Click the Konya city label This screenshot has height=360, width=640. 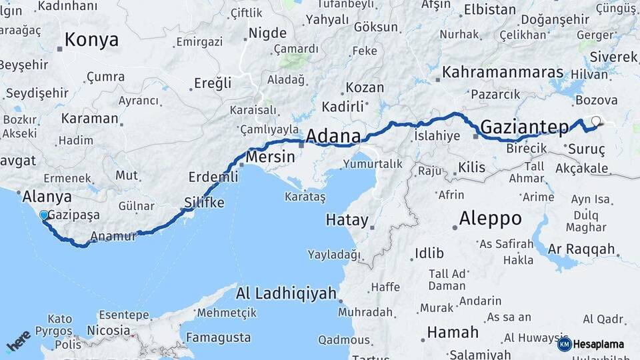92,40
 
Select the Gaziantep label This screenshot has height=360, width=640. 524,126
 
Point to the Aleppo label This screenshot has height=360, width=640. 491,219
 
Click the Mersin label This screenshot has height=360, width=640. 270,157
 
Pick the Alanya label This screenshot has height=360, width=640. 47,197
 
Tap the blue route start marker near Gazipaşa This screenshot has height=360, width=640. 44,215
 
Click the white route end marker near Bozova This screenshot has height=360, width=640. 596,121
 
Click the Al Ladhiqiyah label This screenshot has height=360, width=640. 287,293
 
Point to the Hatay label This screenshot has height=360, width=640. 347,220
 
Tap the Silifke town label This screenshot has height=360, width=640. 204,203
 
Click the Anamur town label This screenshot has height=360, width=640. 113,235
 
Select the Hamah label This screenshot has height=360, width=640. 453,332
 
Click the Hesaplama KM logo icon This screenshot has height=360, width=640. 565,344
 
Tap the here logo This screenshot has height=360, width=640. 18,341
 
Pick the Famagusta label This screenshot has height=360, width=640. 218,337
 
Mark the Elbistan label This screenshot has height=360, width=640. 489,9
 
